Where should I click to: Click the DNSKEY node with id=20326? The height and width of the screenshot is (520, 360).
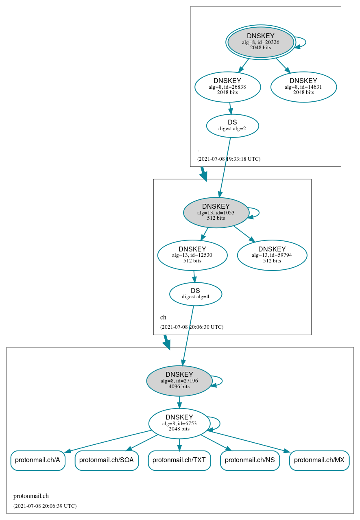click(261, 42)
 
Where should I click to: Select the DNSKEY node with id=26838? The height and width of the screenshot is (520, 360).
click(227, 87)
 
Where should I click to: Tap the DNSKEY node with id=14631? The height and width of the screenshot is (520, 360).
click(303, 87)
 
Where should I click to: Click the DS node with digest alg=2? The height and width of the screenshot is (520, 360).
click(232, 126)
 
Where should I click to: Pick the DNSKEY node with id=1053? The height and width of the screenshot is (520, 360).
click(216, 212)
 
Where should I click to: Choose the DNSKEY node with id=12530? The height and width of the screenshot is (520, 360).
click(192, 255)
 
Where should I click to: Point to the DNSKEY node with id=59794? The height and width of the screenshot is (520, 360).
click(272, 255)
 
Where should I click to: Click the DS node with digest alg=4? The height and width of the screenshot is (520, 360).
click(195, 294)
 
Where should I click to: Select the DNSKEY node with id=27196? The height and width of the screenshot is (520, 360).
click(179, 380)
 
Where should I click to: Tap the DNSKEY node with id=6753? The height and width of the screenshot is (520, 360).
click(179, 423)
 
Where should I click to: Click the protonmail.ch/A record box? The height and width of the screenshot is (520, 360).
click(37, 460)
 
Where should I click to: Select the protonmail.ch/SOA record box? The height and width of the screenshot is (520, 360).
click(107, 460)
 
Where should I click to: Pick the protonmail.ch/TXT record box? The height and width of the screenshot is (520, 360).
click(179, 460)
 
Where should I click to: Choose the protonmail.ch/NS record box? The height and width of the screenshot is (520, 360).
click(250, 460)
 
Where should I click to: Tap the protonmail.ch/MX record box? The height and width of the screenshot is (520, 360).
click(319, 460)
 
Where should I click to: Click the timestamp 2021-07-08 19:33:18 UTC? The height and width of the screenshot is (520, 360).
click(229, 159)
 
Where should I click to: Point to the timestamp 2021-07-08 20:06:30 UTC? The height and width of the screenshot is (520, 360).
click(192, 327)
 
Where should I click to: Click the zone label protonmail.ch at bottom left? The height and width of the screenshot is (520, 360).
click(31, 496)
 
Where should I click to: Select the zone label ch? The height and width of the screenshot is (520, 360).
click(163, 317)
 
